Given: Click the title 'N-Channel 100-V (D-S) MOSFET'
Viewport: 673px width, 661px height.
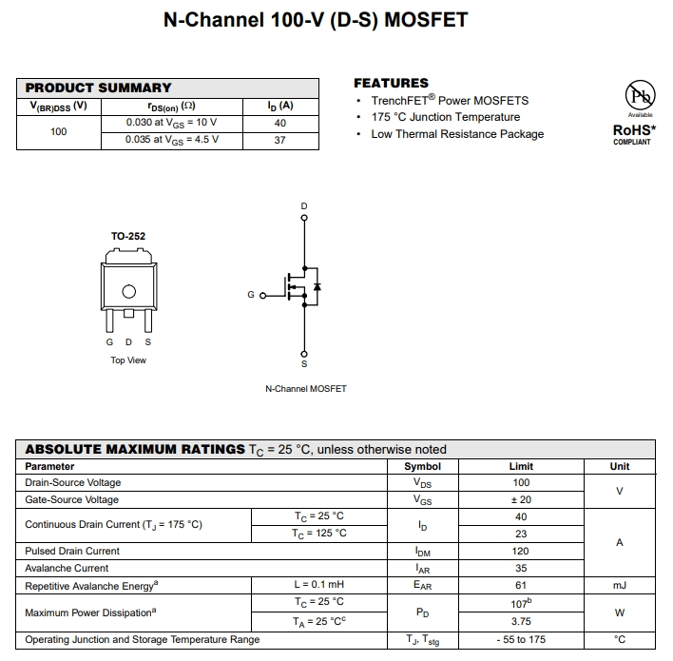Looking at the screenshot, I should point(316,19).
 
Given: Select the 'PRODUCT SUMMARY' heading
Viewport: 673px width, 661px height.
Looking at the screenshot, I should point(99,87).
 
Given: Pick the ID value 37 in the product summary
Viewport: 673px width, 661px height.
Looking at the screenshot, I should point(279,140).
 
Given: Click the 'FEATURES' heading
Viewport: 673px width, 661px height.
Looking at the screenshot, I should point(391,83).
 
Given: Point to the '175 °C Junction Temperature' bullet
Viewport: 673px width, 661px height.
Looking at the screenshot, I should point(445,117).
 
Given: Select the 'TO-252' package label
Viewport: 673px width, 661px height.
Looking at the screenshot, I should point(128,236).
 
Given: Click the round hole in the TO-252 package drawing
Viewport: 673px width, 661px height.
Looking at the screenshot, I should point(128,292).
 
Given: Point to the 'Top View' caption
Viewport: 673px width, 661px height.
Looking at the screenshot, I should point(128,360).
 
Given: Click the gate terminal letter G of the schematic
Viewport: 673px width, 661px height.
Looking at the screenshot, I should point(251,295).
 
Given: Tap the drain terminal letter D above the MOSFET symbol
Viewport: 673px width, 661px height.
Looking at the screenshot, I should point(304,206).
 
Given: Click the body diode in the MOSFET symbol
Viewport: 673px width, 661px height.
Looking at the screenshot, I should point(317,286).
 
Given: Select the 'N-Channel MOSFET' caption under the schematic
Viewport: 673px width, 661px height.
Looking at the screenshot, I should point(305,389).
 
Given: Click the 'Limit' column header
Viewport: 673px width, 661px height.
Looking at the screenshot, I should point(521,466).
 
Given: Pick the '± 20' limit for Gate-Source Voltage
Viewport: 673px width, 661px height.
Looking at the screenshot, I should point(521,499).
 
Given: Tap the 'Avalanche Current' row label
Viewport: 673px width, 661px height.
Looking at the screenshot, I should point(67,568).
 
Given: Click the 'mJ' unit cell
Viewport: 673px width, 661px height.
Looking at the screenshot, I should point(619,585).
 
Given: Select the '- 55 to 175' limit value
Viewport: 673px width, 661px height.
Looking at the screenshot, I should point(521,639).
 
